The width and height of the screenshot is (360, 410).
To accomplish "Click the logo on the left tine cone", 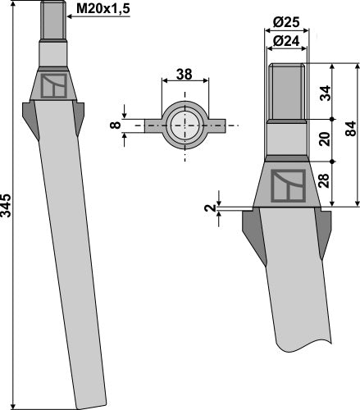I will (55, 85).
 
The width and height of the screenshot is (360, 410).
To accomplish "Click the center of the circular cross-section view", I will (186, 126).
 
